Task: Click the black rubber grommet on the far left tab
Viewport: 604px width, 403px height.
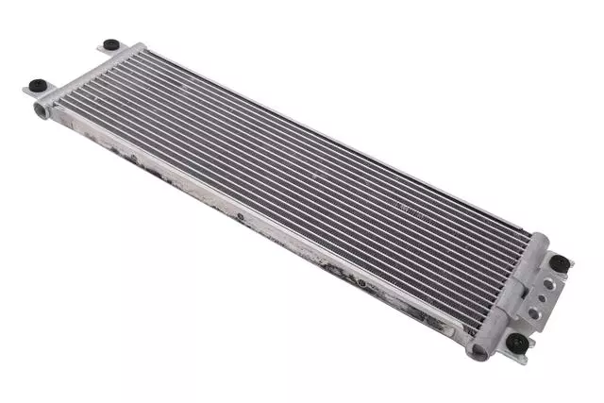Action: tap(110, 43)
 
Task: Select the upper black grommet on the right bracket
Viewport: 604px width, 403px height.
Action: tap(559, 261)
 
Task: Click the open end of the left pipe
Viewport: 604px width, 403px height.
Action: tap(42, 110)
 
